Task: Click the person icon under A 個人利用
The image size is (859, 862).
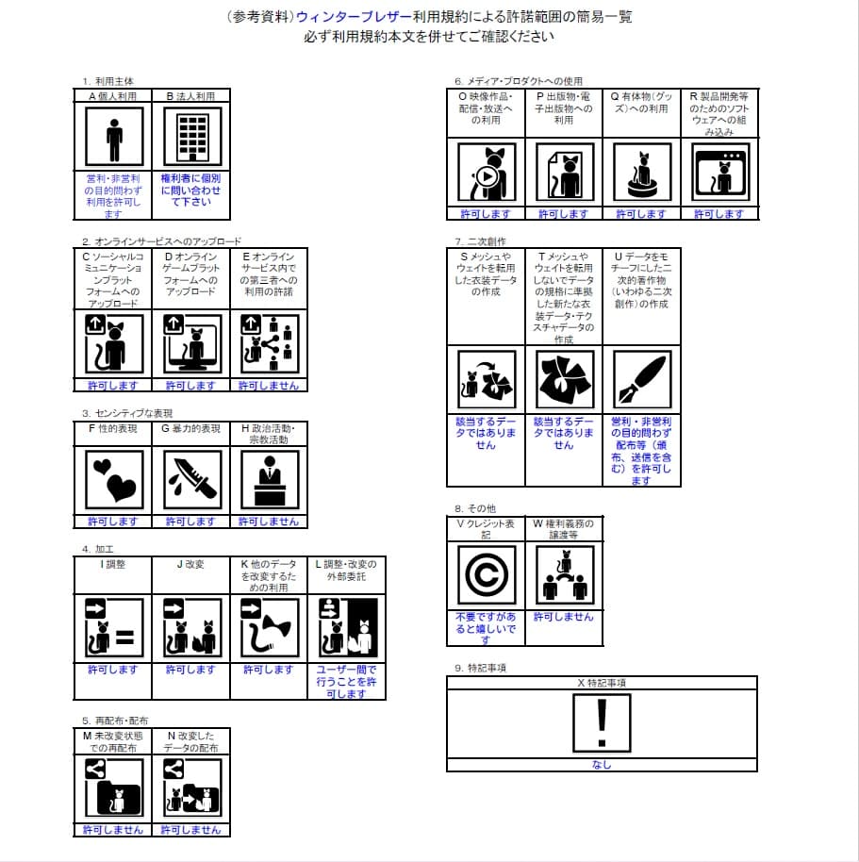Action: (114, 137)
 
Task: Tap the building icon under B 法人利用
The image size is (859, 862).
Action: (191, 137)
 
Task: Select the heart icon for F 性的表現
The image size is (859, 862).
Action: (114, 479)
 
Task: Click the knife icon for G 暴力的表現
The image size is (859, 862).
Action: (191, 479)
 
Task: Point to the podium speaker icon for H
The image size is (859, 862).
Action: (270, 479)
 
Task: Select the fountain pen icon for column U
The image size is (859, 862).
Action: (641, 379)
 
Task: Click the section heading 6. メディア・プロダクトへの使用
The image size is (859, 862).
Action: (518, 81)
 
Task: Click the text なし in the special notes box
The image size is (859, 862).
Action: (602, 765)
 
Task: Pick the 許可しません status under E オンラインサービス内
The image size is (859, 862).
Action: (270, 386)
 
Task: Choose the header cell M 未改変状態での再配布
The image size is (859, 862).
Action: (113, 741)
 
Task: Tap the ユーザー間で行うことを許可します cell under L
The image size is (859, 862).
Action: (346, 681)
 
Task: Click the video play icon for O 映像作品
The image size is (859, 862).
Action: (486, 174)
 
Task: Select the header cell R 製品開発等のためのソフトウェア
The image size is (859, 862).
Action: (719, 113)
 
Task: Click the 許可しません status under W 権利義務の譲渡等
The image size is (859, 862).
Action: (564, 617)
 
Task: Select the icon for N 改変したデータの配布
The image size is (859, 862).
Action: (191, 787)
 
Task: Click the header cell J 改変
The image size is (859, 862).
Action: (191, 564)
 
